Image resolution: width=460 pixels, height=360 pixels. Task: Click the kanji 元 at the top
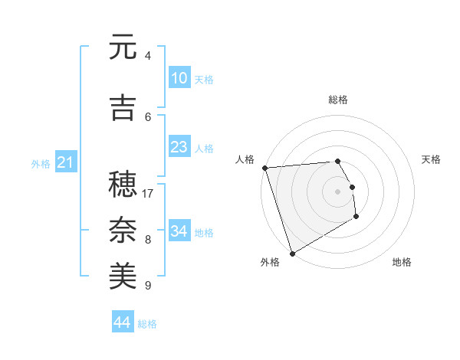123,47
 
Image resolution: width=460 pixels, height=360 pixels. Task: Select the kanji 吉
123,108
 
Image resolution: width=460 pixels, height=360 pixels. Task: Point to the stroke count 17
148,194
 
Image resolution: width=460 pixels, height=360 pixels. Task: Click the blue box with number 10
179,78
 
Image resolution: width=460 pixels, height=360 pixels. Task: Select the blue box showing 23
179,147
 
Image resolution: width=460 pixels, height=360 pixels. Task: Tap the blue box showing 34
179,231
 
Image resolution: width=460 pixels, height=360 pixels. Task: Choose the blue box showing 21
65,162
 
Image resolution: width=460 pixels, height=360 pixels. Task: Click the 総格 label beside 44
147,324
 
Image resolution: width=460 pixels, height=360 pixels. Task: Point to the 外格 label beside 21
41,163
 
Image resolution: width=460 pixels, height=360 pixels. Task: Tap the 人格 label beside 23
204,148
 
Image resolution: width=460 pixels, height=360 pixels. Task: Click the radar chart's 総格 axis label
338,100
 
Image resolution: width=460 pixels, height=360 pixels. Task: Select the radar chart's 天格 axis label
432,159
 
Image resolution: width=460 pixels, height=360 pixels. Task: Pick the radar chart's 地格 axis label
402,262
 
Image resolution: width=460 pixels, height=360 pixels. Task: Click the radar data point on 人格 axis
264,168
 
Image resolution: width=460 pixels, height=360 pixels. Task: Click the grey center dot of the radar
337,191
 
